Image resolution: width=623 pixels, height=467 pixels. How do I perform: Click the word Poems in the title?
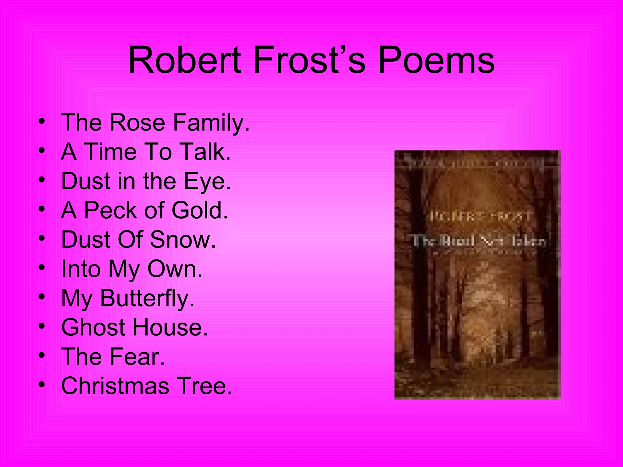(436, 60)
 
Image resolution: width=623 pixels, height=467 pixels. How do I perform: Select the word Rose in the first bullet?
(137, 123)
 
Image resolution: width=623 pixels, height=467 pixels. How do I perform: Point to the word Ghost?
(93, 327)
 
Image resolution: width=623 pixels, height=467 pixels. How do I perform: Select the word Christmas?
(115, 386)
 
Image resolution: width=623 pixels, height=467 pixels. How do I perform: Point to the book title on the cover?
(479, 241)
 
